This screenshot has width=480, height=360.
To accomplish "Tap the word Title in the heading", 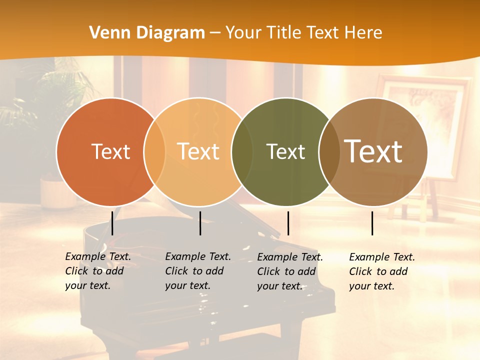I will pyautogui.click(x=284, y=33).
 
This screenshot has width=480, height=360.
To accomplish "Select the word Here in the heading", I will pyautogui.click(x=363, y=33).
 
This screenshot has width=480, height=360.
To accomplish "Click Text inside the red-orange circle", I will pyautogui.click(x=110, y=151).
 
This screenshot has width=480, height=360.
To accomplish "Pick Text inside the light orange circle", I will pyautogui.click(x=198, y=151).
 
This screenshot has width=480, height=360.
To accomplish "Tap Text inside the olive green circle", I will pyautogui.click(x=285, y=151).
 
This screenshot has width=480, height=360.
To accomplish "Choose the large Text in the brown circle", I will pyautogui.click(x=373, y=151).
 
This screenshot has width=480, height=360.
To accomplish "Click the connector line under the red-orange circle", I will pyautogui.click(x=112, y=223).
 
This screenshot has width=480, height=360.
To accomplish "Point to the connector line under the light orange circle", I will pyautogui.click(x=200, y=223).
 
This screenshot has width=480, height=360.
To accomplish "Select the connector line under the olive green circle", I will pyautogui.click(x=288, y=223).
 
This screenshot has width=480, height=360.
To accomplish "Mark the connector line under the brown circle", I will pyautogui.click(x=372, y=223).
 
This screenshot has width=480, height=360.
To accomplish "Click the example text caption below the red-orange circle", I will pyautogui.click(x=98, y=271).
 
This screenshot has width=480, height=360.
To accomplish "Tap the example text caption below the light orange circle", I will pyautogui.click(x=198, y=271).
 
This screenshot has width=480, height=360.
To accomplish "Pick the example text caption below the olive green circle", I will pyautogui.click(x=290, y=271).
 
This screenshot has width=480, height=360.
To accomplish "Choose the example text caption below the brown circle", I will pyautogui.click(x=382, y=271).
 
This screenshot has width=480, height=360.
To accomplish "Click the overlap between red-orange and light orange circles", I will pyautogui.click(x=154, y=151).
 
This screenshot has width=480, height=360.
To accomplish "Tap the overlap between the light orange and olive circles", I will pyautogui.click(x=242, y=151).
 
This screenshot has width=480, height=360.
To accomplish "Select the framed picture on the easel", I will pyautogui.click(x=425, y=120).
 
